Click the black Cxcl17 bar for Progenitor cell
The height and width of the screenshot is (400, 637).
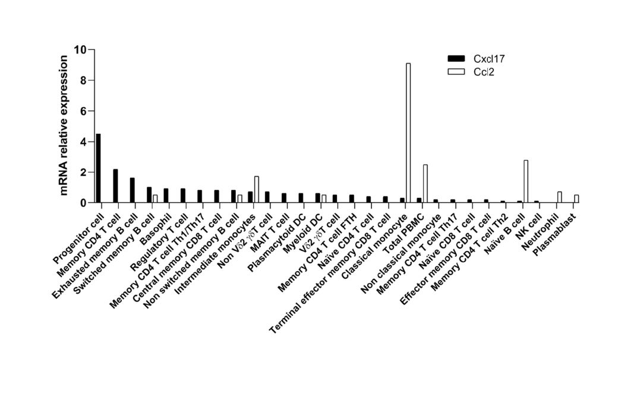pos(98,168)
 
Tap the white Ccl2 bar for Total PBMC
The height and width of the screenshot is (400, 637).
pos(425,184)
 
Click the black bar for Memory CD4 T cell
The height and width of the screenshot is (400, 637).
pos(115,186)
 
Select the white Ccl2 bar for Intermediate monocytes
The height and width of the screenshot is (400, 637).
pos(256,190)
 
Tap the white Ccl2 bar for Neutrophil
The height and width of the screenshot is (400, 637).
pos(559,197)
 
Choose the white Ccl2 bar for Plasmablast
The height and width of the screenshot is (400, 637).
pos(576,199)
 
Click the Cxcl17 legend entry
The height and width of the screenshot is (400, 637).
pos(476,58)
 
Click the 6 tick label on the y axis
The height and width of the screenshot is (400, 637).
pos(83,111)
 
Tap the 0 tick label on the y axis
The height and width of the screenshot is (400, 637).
pos(83,203)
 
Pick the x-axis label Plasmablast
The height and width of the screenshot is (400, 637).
pos(556,233)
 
